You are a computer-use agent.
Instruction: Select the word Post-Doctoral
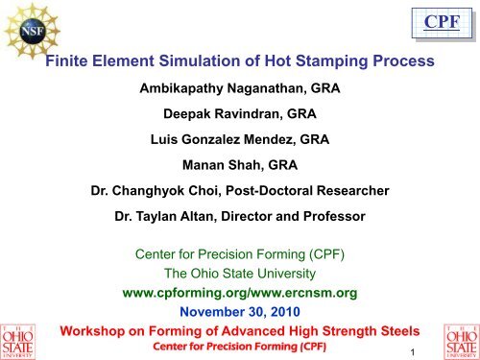pyautogui.click(x=277, y=191)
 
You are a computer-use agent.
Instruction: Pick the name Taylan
pyautogui.click(x=157, y=217)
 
